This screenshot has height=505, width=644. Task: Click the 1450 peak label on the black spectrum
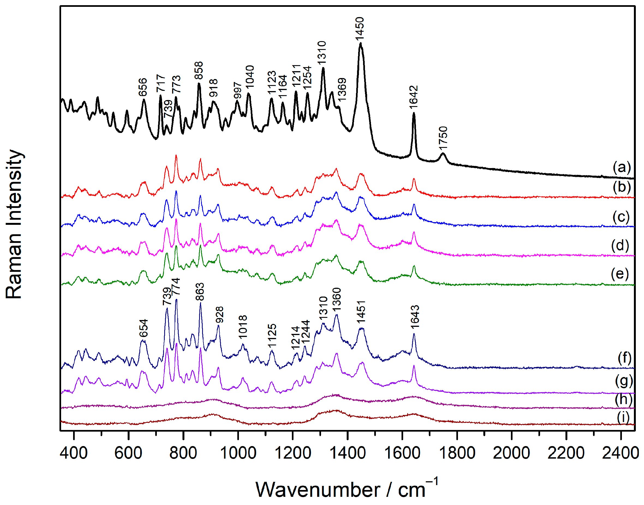(x=360, y=29)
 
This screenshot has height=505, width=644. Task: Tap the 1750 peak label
(x=443, y=138)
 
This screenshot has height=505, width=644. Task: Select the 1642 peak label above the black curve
(x=414, y=97)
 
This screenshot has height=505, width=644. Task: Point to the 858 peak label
(x=199, y=70)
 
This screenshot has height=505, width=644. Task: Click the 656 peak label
(x=143, y=87)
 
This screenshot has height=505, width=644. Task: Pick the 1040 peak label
(x=250, y=77)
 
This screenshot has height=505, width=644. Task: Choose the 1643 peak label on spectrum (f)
(x=415, y=317)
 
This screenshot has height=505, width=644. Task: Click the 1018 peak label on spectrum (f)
(x=243, y=327)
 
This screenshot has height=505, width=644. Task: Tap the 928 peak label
(x=219, y=315)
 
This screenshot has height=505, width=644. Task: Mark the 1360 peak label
(x=337, y=300)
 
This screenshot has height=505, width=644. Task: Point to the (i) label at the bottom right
(x=623, y=417)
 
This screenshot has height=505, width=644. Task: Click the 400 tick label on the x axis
(x=74, y=453)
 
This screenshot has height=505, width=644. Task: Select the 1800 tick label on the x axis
(x=457, y=453)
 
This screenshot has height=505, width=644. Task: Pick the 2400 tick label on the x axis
(x=620, y=453)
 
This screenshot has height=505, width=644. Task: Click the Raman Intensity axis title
(x=14, y=224)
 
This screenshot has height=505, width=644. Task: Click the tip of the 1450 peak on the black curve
(x=360, y=43)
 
